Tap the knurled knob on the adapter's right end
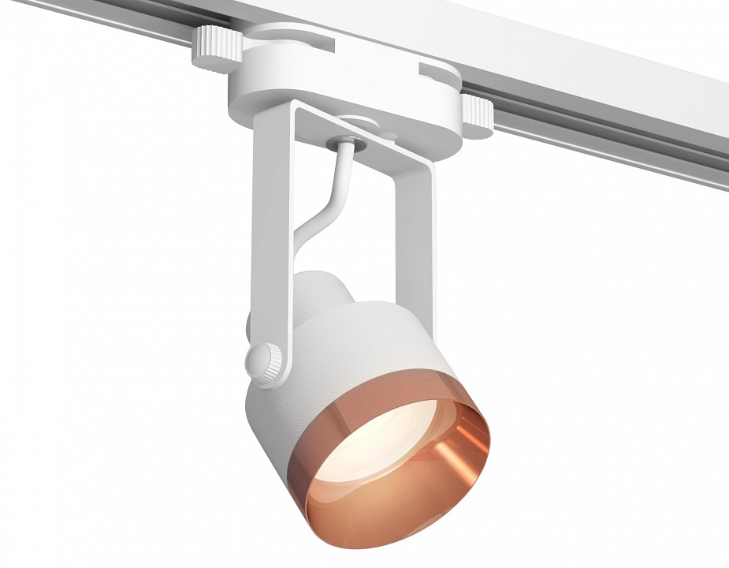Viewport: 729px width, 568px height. [x=477, y=115]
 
